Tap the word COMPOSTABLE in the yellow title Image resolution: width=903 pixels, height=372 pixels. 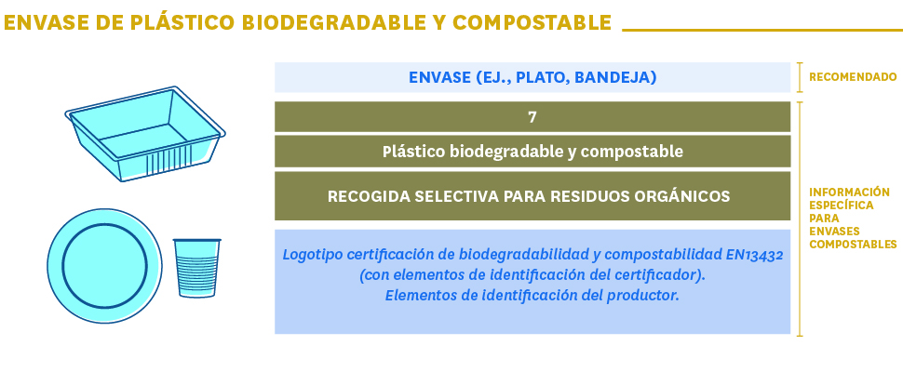[532, 22]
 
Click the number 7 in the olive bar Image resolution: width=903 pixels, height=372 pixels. [532, 117]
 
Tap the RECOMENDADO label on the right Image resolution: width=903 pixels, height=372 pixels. [853, 77]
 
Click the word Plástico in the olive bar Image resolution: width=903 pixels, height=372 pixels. [414, 152]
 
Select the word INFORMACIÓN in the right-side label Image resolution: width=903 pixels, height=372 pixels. [849, 192]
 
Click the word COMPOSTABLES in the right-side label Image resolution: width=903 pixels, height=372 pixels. [853, 245]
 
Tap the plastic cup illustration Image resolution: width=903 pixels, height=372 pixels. [197, 268]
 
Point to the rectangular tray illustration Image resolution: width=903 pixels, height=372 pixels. [144, 134]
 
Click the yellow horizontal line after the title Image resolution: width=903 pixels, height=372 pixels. [762, 30]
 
